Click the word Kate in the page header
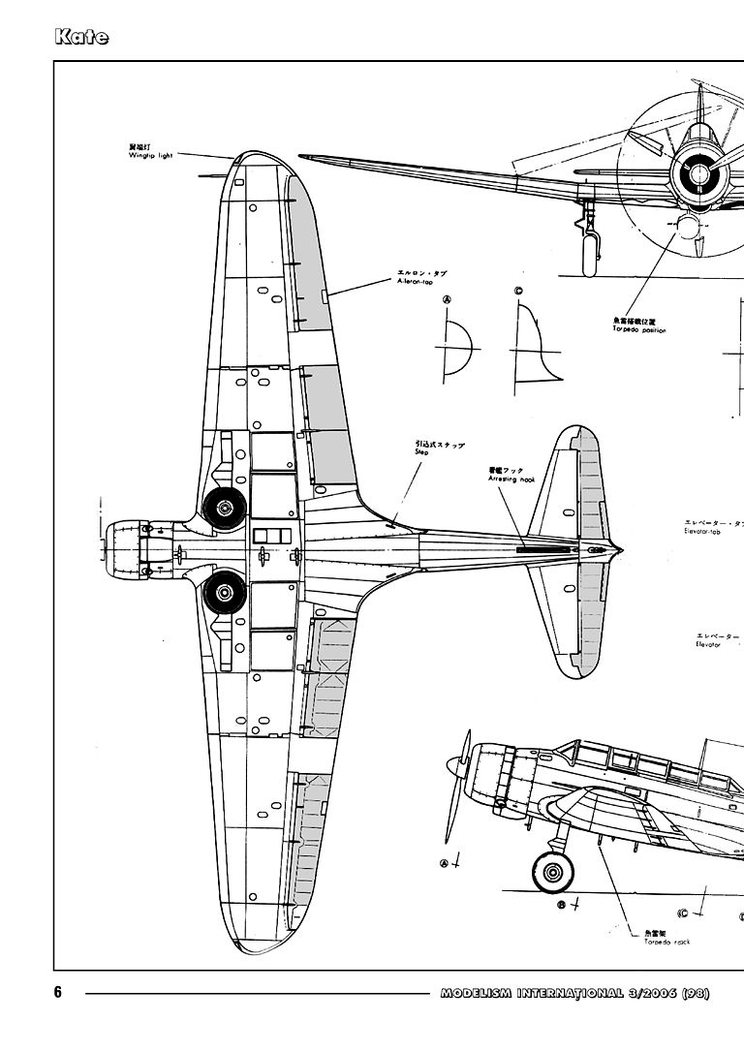tap(81, 38)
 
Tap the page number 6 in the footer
tap(58, 992)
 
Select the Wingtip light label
tap(149, 153)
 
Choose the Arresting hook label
tap(511, 477)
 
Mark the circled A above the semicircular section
tap(447, 300)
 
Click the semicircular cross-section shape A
tap(456, 346)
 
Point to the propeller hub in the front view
tap(698, 174)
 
